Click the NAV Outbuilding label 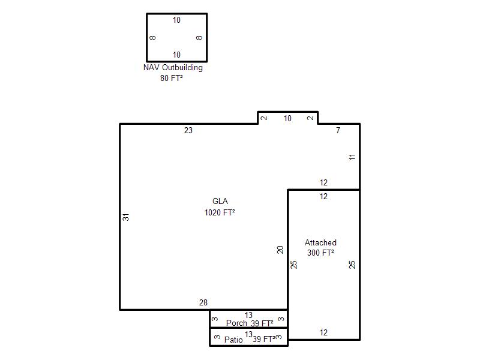173,68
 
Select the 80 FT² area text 172,78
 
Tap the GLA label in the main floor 220,201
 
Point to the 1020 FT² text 220,212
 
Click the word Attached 320,242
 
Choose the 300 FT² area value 320,253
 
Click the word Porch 236,323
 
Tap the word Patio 233,340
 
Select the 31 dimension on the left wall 126,217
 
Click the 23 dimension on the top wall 188,130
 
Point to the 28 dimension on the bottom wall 203,302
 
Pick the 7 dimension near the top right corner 338,130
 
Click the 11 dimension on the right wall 352,157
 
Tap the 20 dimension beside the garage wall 280,250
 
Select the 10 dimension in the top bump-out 287,118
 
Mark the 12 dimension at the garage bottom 323,332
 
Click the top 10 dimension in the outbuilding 176,20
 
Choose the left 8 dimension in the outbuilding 152,38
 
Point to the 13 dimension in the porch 248,315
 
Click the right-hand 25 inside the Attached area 352,265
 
